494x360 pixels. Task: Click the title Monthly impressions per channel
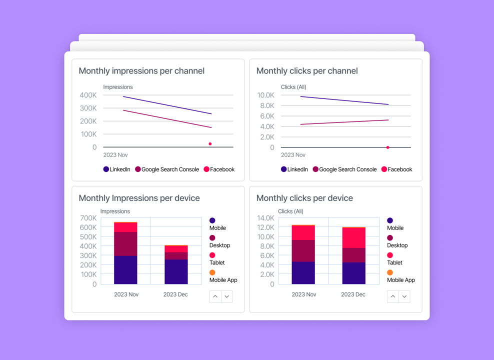pyautogui.click(x=141, y=71)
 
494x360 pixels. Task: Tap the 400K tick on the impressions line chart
pyautogui.click(x=88, y=95)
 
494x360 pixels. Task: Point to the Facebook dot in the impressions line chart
pyautogui.click(x=210, y=144)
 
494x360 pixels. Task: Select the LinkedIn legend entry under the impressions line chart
pyautogui.click(x=117, y=169)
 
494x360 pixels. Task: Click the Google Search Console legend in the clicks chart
pyautogui.click(x=344, y=169)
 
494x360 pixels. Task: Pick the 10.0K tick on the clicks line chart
pyautogui.click(x=265, y=95)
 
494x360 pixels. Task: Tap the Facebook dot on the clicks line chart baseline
pyautogui.click(x=388, y=147)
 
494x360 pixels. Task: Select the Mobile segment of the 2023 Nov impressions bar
pyautogui.click(x=125, y=270)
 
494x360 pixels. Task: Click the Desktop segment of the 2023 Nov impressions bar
pyautogui.click(x=125, y=244)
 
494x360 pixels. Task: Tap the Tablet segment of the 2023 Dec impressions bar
pyautogui.click(x=176, y=249)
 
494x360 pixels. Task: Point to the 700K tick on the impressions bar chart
pyautogui.click(x=88, y=218)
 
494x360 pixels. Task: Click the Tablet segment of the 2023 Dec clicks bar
pyautogui.click(x=353, y=238)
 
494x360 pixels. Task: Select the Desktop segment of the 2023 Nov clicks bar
pyautogui.click(x=303, y=250)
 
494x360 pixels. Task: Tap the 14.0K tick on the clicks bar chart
pyautogui.click(x=265, y=218)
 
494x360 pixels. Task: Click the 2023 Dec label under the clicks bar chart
pyautogui.click(x=353, y=294)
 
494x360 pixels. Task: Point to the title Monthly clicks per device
pyautogui.click(x=304, y=198)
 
